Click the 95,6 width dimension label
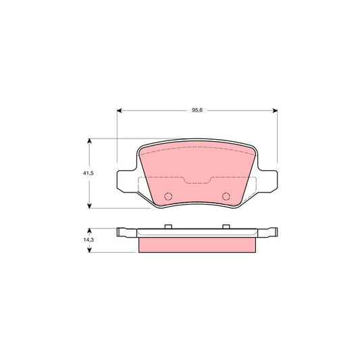(x=197, y=102)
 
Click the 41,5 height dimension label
(x=80, y=173)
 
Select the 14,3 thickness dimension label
(x=80, y=239)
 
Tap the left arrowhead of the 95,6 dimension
(x=120, y=109)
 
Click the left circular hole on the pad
(x=169, y=197)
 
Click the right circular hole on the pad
(x=226, y=197)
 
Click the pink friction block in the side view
(x=197, y=245)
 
